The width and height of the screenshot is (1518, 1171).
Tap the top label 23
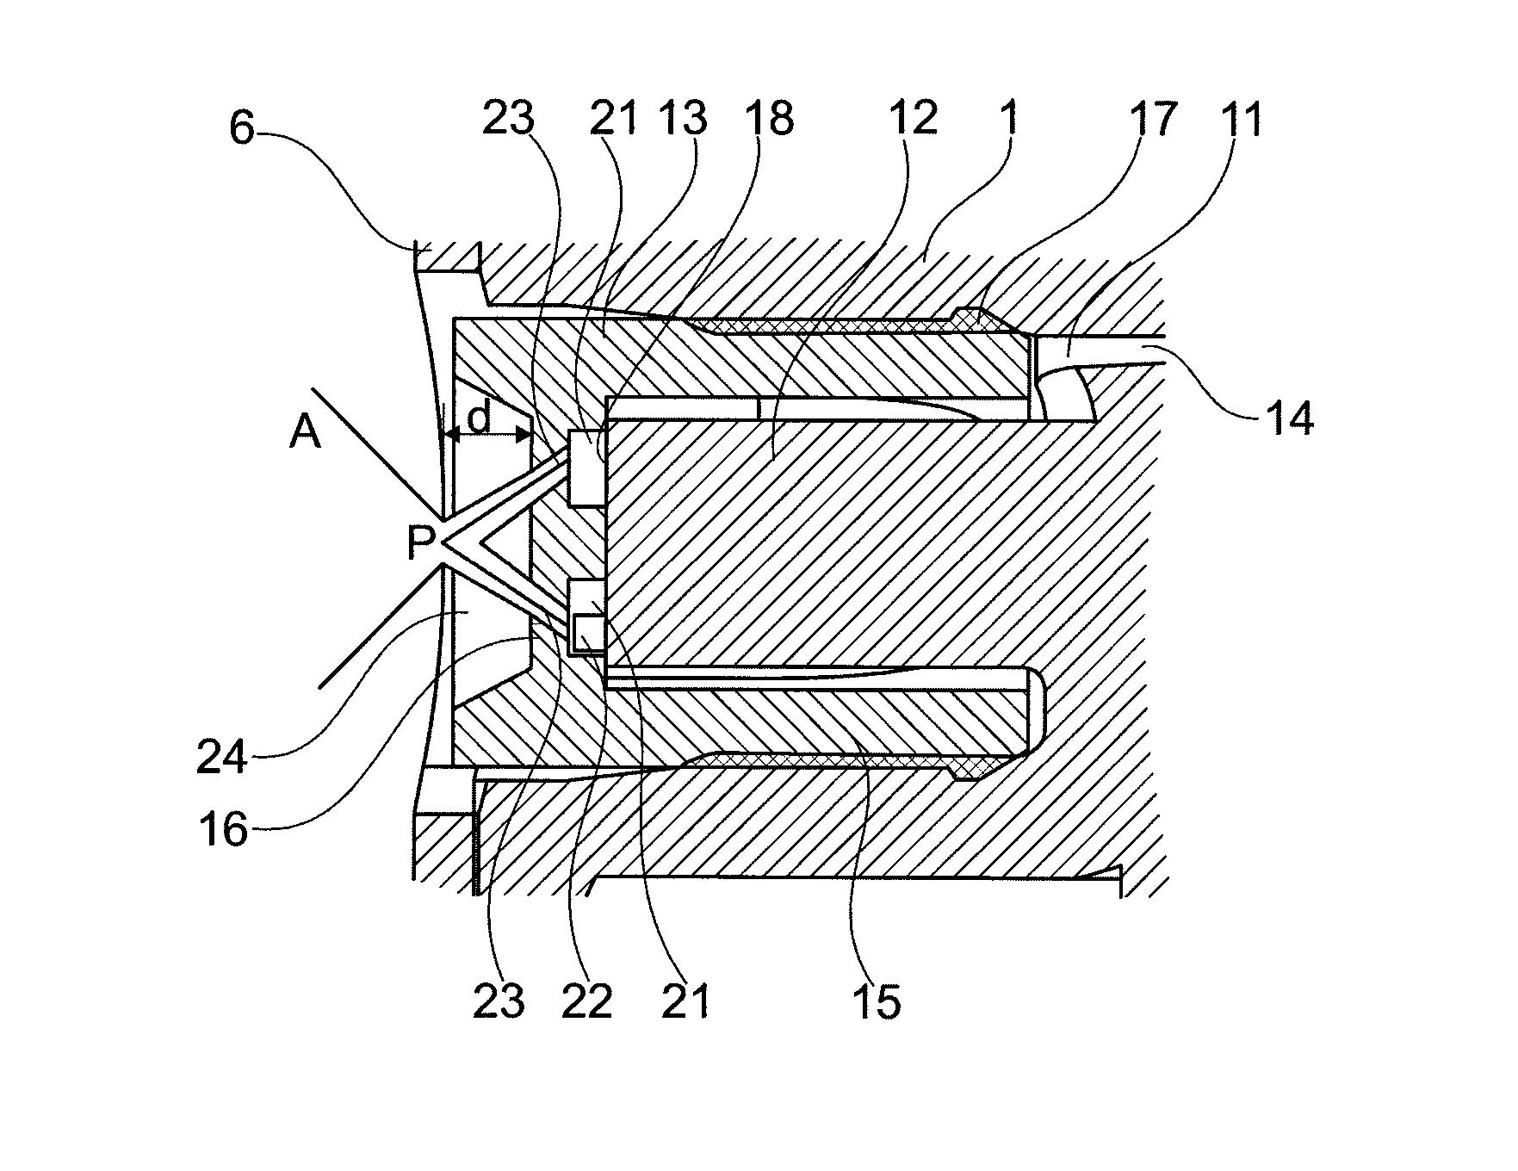tap(508, 119)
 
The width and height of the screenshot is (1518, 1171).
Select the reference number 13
tap(684, 119)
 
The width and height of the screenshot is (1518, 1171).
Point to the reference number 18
tap(769, 119)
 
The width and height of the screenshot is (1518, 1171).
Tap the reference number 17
tap(1152, 119)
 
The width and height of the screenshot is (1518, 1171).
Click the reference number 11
tap(1239, 119)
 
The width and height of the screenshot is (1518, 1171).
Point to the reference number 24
tap(222, 759)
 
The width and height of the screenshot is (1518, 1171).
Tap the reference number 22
tap(587, 1001)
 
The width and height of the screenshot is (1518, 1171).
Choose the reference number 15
tap(877, 1001)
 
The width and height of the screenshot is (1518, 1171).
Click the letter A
tap(305, 433)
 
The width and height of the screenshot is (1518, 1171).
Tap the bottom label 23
tap(499, 1001)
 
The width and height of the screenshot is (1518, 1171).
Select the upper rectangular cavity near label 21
tap(586, 469)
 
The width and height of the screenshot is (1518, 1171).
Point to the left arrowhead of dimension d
tap(448, 436)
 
